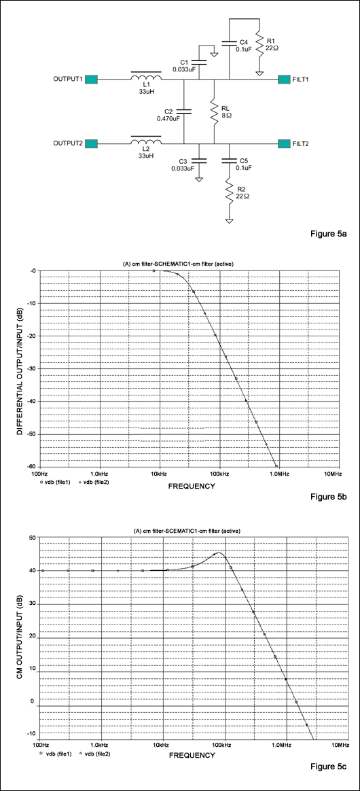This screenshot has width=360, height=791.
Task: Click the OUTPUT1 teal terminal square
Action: point(92,80)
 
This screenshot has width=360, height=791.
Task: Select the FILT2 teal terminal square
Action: point(284,143)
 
